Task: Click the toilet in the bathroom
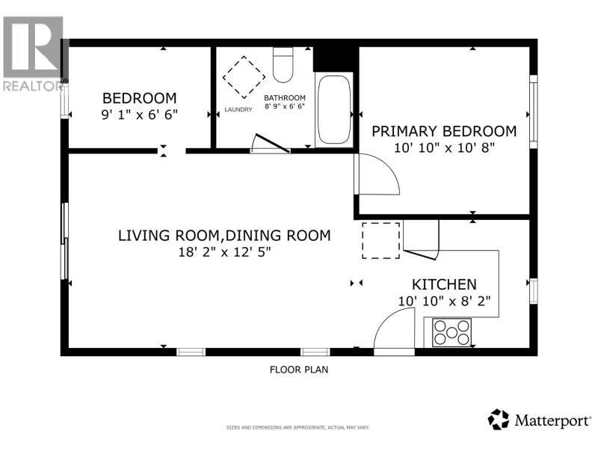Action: click(x=283, y=64)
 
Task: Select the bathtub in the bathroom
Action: click(x=334, y=109)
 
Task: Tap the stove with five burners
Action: click(x=451, y=332)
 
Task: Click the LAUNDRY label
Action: click(x=238, y=109)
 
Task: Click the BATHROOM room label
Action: click(x=285, y=98)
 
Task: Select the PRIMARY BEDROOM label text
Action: click(x=444, y=132)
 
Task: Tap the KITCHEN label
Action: click(x=444, y=284)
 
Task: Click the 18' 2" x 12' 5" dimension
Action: click(x=225, y=252)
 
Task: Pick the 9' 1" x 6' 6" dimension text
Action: click(x=140, y=114)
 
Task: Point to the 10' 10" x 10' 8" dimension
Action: click(x=444, y=147)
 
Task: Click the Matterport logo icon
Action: click(x=499, y=419)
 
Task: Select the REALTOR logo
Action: click(x=34, y=53)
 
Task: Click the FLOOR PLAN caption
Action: click(x=299, y=370)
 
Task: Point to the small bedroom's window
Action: click(x=64, y=103)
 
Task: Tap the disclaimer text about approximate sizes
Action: click(x=298, y=427)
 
